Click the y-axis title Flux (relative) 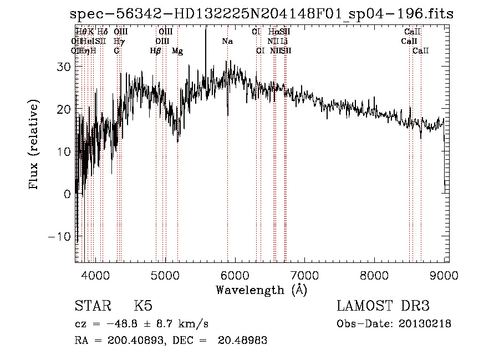point(34,145)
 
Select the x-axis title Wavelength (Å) point(261,290)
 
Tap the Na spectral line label point(227,41)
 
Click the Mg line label point(177,51)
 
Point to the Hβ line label point(156,51)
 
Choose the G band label point(116,51)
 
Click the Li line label point(284,41)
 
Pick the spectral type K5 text point(143,306)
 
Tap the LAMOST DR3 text point(383,306)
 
